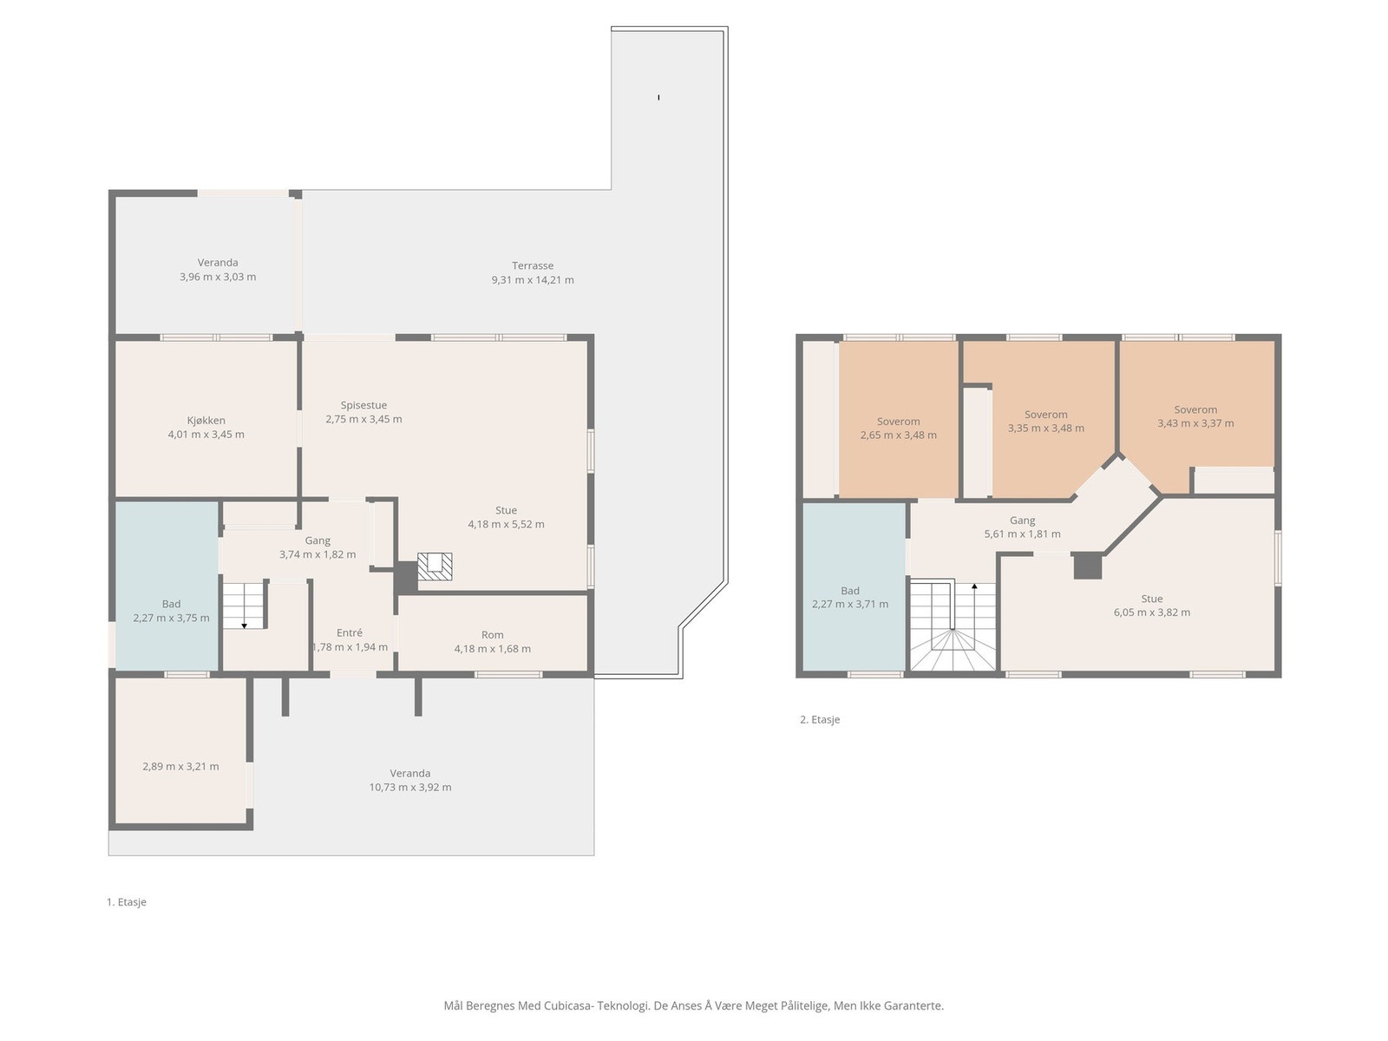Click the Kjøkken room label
tap(206, 421)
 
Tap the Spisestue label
tap(363, 405)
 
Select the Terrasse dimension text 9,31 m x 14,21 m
tap(533, 280)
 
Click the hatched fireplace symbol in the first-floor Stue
tap(435, 566)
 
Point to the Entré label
tap(350, 632)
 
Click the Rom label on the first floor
tap(492, 635)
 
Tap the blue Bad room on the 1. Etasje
tap(167, 586)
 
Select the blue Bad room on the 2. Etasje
tap(854, 586)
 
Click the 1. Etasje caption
tap(127, 902)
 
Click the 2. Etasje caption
tap(820, 719)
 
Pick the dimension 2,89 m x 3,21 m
tap(180, 767)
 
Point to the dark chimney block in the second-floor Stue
tap(1088, 566)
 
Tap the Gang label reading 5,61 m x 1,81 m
tap(1023, 527)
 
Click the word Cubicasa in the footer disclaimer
tap(568, 1005)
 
